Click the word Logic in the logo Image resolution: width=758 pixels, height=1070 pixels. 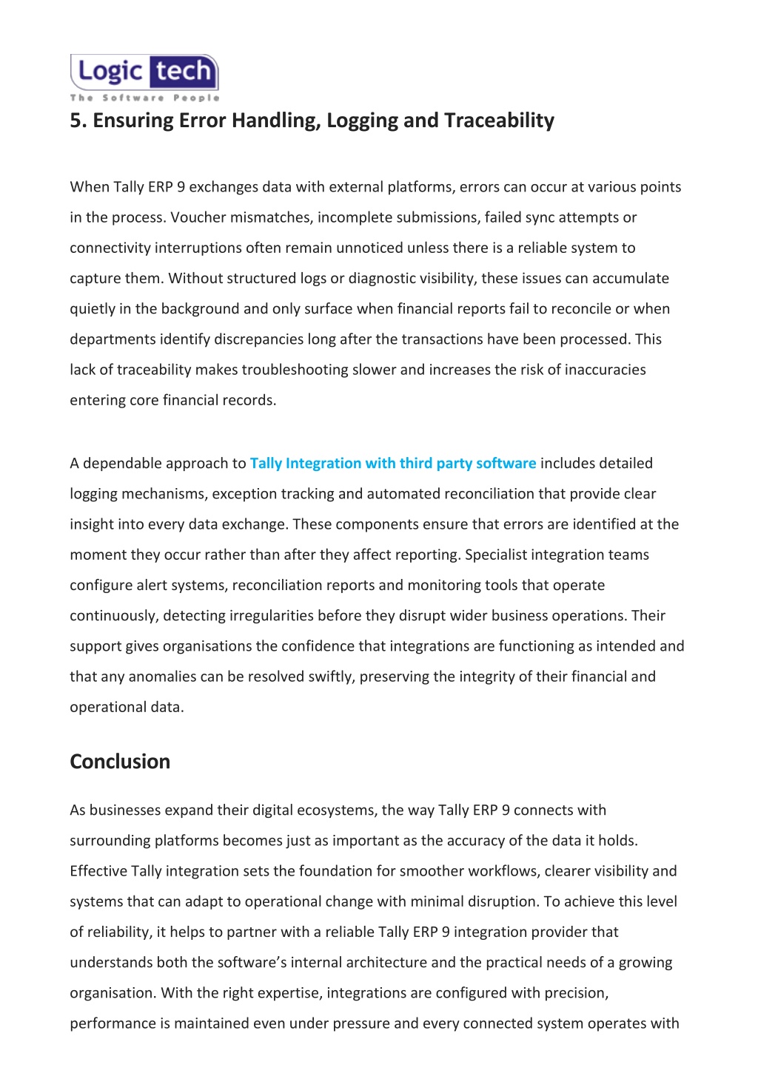110,72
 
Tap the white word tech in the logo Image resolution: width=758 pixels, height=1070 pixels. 183,72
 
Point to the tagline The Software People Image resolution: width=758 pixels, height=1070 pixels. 145,98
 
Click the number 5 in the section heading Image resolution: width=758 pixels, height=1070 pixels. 75,121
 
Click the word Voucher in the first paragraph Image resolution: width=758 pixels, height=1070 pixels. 195,217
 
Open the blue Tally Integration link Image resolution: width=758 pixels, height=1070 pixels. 392,464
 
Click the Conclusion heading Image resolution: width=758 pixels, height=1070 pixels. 120,762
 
